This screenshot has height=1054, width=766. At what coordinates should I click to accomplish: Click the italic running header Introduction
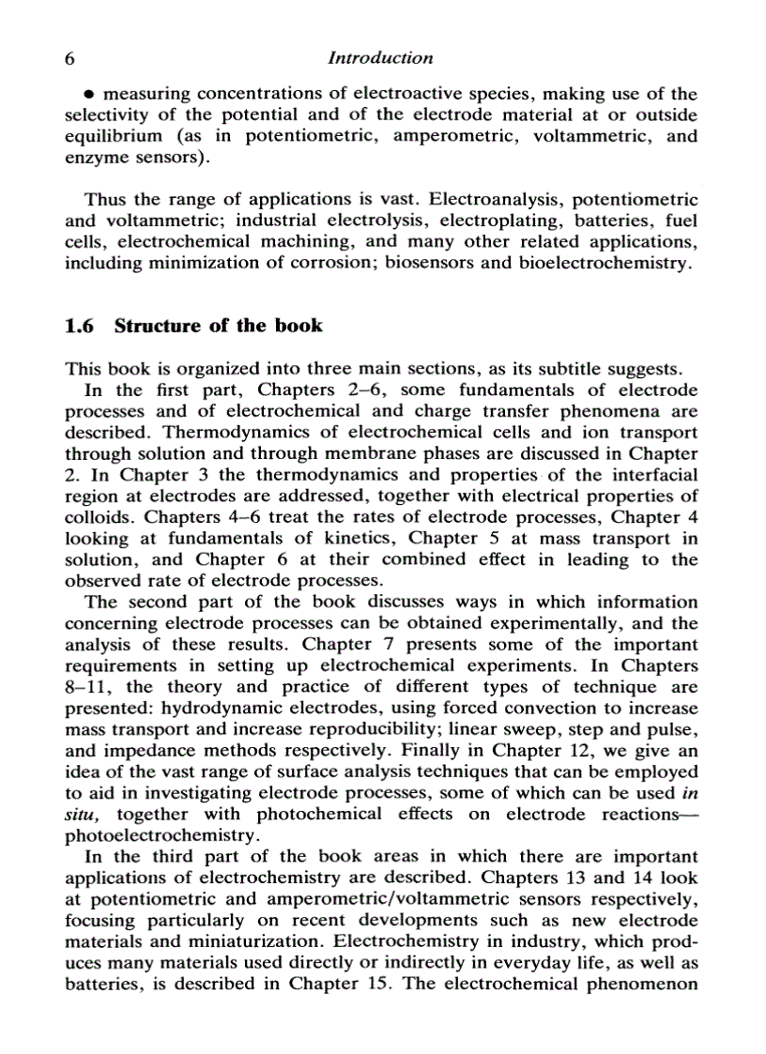381,58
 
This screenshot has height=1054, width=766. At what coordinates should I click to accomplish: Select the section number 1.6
81,327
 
